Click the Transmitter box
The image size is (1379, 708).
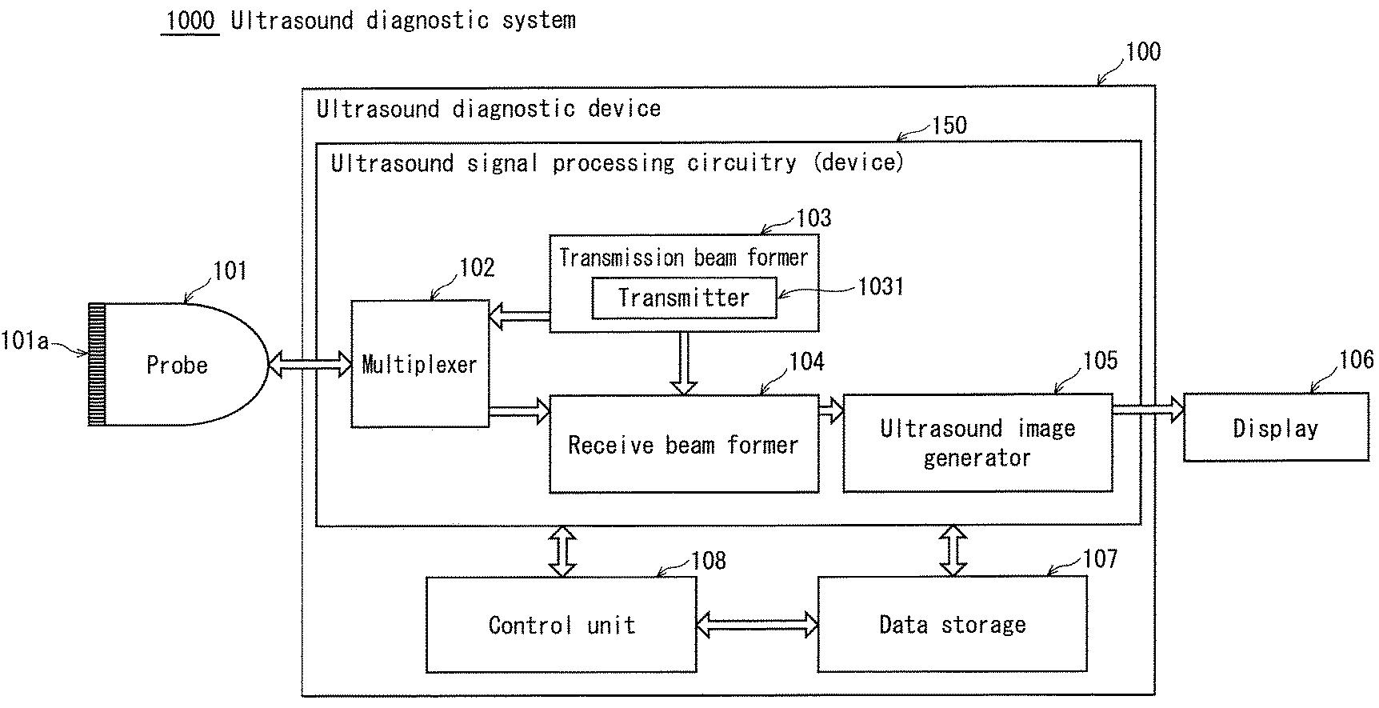click(x=684, y=298)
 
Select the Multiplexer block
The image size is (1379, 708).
click(x=420, y=363)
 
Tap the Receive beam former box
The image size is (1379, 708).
click(x=684, y=443)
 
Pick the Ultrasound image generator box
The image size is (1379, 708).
click(x=977, y=442)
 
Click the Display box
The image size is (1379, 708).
click(x=1276, y=427)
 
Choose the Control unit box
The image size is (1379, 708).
click(x=562, y=625)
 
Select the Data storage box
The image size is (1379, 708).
click(x=952, y=624)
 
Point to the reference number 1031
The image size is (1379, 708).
click(x=881, y=286)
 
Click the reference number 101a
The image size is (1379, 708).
click(x=25, y=342)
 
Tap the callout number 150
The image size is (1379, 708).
click(x=949, y=126)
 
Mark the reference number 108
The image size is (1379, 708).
click(x=709, y=560)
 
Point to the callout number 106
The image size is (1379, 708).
click(x=1357, y=360)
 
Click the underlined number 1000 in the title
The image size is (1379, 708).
click(x=190, y=20)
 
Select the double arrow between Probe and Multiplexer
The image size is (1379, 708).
click(x=310, y=365)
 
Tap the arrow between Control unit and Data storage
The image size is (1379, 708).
click(x=757, y=623)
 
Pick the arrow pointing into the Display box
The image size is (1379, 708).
click(x=1149, y=410)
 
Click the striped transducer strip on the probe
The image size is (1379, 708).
click(x=97, y=364)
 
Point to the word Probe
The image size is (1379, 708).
click(x=177, y=366)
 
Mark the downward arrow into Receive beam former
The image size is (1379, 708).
click(x=684, y=362)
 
